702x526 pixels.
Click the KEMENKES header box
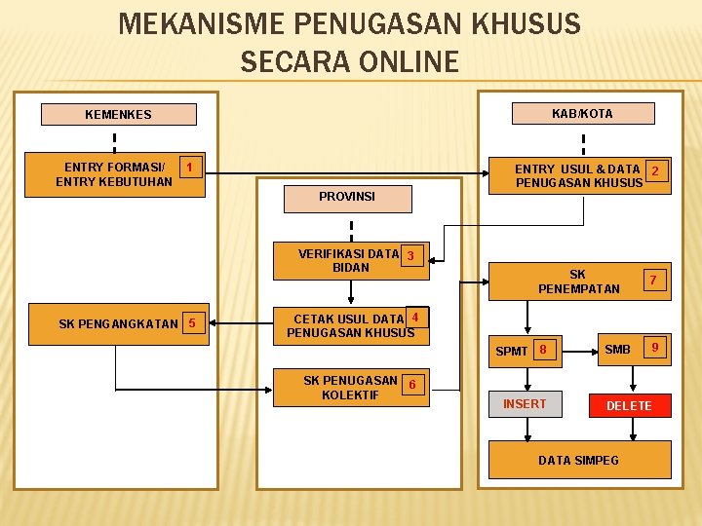tap(118, 115)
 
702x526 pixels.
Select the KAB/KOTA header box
tap(582, 113)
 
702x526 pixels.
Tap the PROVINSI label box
tap(346, 197)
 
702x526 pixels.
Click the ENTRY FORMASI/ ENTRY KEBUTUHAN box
tap(114, 174)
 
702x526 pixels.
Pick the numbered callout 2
tap(655, 171)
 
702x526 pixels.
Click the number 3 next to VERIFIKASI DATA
tap(411, 256)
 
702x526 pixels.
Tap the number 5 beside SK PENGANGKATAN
tap(192, 323)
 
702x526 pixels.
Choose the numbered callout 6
tap(412, 385)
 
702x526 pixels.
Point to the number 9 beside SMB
tap(655, 348)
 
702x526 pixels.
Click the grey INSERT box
tap(525, 403)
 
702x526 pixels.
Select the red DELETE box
tap(629, 405)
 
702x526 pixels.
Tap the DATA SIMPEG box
tap(578, 460)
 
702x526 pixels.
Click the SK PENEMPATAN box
tap(578, 282)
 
